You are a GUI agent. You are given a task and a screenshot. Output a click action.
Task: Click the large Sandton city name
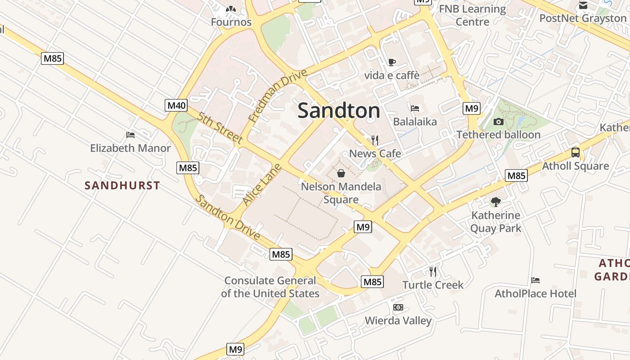point(339,111)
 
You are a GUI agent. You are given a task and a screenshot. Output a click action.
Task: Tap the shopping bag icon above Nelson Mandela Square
point(341,173)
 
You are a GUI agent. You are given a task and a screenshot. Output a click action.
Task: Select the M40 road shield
point(176,106)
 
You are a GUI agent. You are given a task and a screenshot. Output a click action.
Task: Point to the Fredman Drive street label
point(277,95)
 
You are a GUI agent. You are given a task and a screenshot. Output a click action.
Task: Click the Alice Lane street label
point(262,185)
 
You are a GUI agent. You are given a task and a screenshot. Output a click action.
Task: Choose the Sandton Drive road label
point(228,218)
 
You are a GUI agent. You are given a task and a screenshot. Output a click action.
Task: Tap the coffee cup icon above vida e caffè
point(391,62)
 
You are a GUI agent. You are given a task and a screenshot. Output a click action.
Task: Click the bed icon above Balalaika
point(415,108)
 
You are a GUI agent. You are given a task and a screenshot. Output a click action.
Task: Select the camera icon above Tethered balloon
point(498,121)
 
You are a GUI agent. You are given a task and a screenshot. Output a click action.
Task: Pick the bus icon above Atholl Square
point(575,152)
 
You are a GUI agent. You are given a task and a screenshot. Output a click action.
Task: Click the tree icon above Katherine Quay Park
point(495,202)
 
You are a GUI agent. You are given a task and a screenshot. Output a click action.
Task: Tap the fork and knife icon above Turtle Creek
point(432,271)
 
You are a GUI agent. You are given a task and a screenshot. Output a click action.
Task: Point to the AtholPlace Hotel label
point(535,294)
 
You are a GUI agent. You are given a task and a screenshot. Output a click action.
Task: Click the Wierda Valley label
point(398,321)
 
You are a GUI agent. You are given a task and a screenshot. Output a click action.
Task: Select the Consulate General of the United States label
point(270,287)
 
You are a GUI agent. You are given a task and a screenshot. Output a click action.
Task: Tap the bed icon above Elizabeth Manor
point(130,135)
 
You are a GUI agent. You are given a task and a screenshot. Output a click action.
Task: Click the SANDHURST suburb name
point(122,185)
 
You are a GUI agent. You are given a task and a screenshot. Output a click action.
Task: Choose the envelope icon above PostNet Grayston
point(583,5)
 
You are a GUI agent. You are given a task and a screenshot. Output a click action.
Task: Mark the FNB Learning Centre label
point(472,15)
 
